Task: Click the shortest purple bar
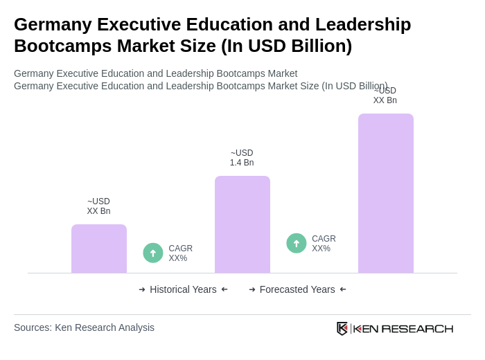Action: coord(99,249)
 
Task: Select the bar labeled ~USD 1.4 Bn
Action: coord(242,224)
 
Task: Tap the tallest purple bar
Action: coord(386,193)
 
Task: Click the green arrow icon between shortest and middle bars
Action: coord(153,253)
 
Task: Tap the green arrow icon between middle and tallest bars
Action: coord(297,243)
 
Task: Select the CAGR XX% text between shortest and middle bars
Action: coord(181,253)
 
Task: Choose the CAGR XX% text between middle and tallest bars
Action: coord(324,244)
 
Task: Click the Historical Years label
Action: coord(183,289)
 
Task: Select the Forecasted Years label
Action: coord(297,289)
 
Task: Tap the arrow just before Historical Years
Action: coord(142,289)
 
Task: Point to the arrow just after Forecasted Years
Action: coord(343,289)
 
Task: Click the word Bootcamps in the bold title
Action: coord(58,46)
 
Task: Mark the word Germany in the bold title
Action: coord(53,24)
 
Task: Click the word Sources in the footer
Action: coord(33,327)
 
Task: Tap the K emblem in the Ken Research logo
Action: coord(342,328)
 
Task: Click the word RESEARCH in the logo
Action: coord(417,328)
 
